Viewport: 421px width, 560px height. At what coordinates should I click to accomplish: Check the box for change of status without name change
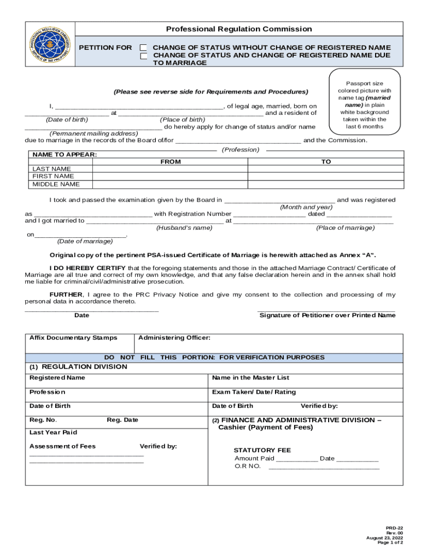pos(144,48)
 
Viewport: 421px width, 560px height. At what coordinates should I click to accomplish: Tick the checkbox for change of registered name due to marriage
pos(144,56)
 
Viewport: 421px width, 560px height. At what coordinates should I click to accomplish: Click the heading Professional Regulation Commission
pos(239,29)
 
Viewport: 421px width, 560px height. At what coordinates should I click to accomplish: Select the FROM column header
pos(170,162)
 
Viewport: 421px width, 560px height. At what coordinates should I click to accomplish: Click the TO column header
pos(326,162)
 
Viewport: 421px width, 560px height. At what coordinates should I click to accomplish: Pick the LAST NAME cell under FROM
pos(170,169)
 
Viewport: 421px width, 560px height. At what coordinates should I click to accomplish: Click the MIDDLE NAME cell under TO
pos(326,184)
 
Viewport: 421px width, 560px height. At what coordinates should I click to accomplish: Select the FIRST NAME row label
pos(53,177)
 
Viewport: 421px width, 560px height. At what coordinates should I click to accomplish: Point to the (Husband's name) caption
pos(184,228)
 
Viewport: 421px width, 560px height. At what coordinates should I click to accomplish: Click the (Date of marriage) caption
pos(85,241)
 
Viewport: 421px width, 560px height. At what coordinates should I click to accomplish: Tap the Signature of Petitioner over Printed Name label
pos(327,316)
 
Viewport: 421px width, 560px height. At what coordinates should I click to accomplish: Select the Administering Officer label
pos(174,338)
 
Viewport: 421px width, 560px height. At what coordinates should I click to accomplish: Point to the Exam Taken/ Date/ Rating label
pos(254,392)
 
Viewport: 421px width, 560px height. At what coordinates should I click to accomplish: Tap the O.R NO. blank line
pos(324,467)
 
